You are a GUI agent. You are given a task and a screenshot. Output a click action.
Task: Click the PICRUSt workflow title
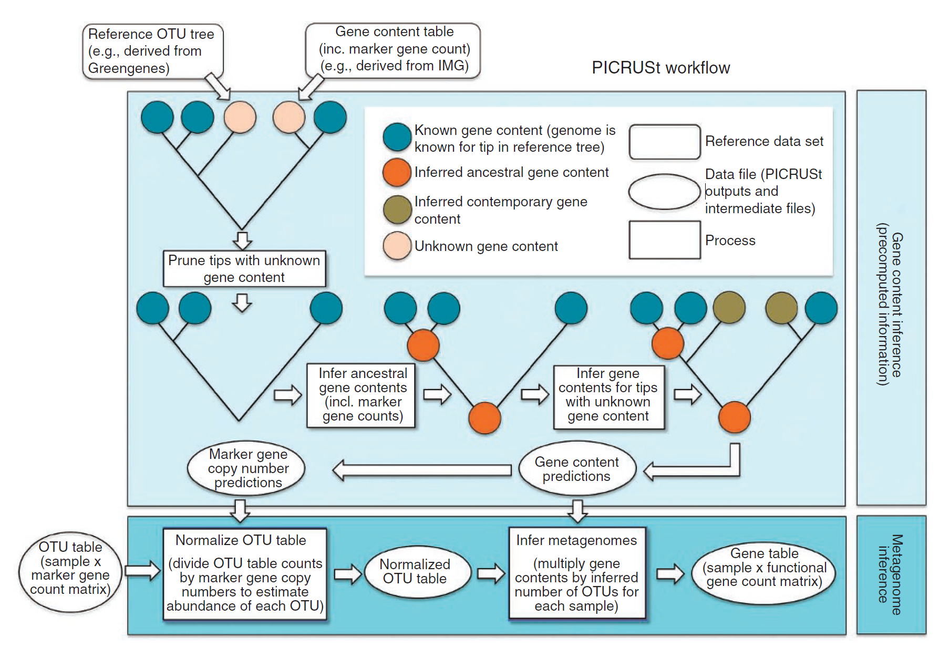point(661,68)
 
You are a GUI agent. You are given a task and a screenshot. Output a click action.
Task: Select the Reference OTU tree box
point(152,51)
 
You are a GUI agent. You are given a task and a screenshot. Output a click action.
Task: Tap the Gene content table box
point(394,49)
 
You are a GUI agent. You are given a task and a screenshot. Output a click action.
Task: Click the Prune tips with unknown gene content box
point(244,268)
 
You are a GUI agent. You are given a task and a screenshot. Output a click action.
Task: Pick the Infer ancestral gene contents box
point(362,395)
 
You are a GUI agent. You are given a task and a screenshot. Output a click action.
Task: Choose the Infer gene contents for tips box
point(608,395)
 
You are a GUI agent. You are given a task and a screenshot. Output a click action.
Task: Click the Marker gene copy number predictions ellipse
point(247,468)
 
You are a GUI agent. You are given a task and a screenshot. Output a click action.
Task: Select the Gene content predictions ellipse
point(576,469)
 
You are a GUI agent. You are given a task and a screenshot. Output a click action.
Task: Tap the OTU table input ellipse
point(70,571)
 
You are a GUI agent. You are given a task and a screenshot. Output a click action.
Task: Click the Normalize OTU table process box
point(244,573)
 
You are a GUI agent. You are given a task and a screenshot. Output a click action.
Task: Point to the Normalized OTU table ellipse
point(415,571)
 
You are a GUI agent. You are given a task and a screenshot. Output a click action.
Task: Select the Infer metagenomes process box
point(576,573)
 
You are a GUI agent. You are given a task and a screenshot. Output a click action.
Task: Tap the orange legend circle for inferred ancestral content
point(397,172)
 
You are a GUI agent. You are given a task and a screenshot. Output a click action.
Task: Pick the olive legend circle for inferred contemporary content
point(397,210)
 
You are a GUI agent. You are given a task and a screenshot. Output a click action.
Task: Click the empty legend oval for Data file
point(664,192)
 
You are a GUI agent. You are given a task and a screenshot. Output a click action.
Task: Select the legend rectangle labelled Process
point(664,240)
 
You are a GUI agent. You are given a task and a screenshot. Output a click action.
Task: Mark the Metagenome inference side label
point(890,574)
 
